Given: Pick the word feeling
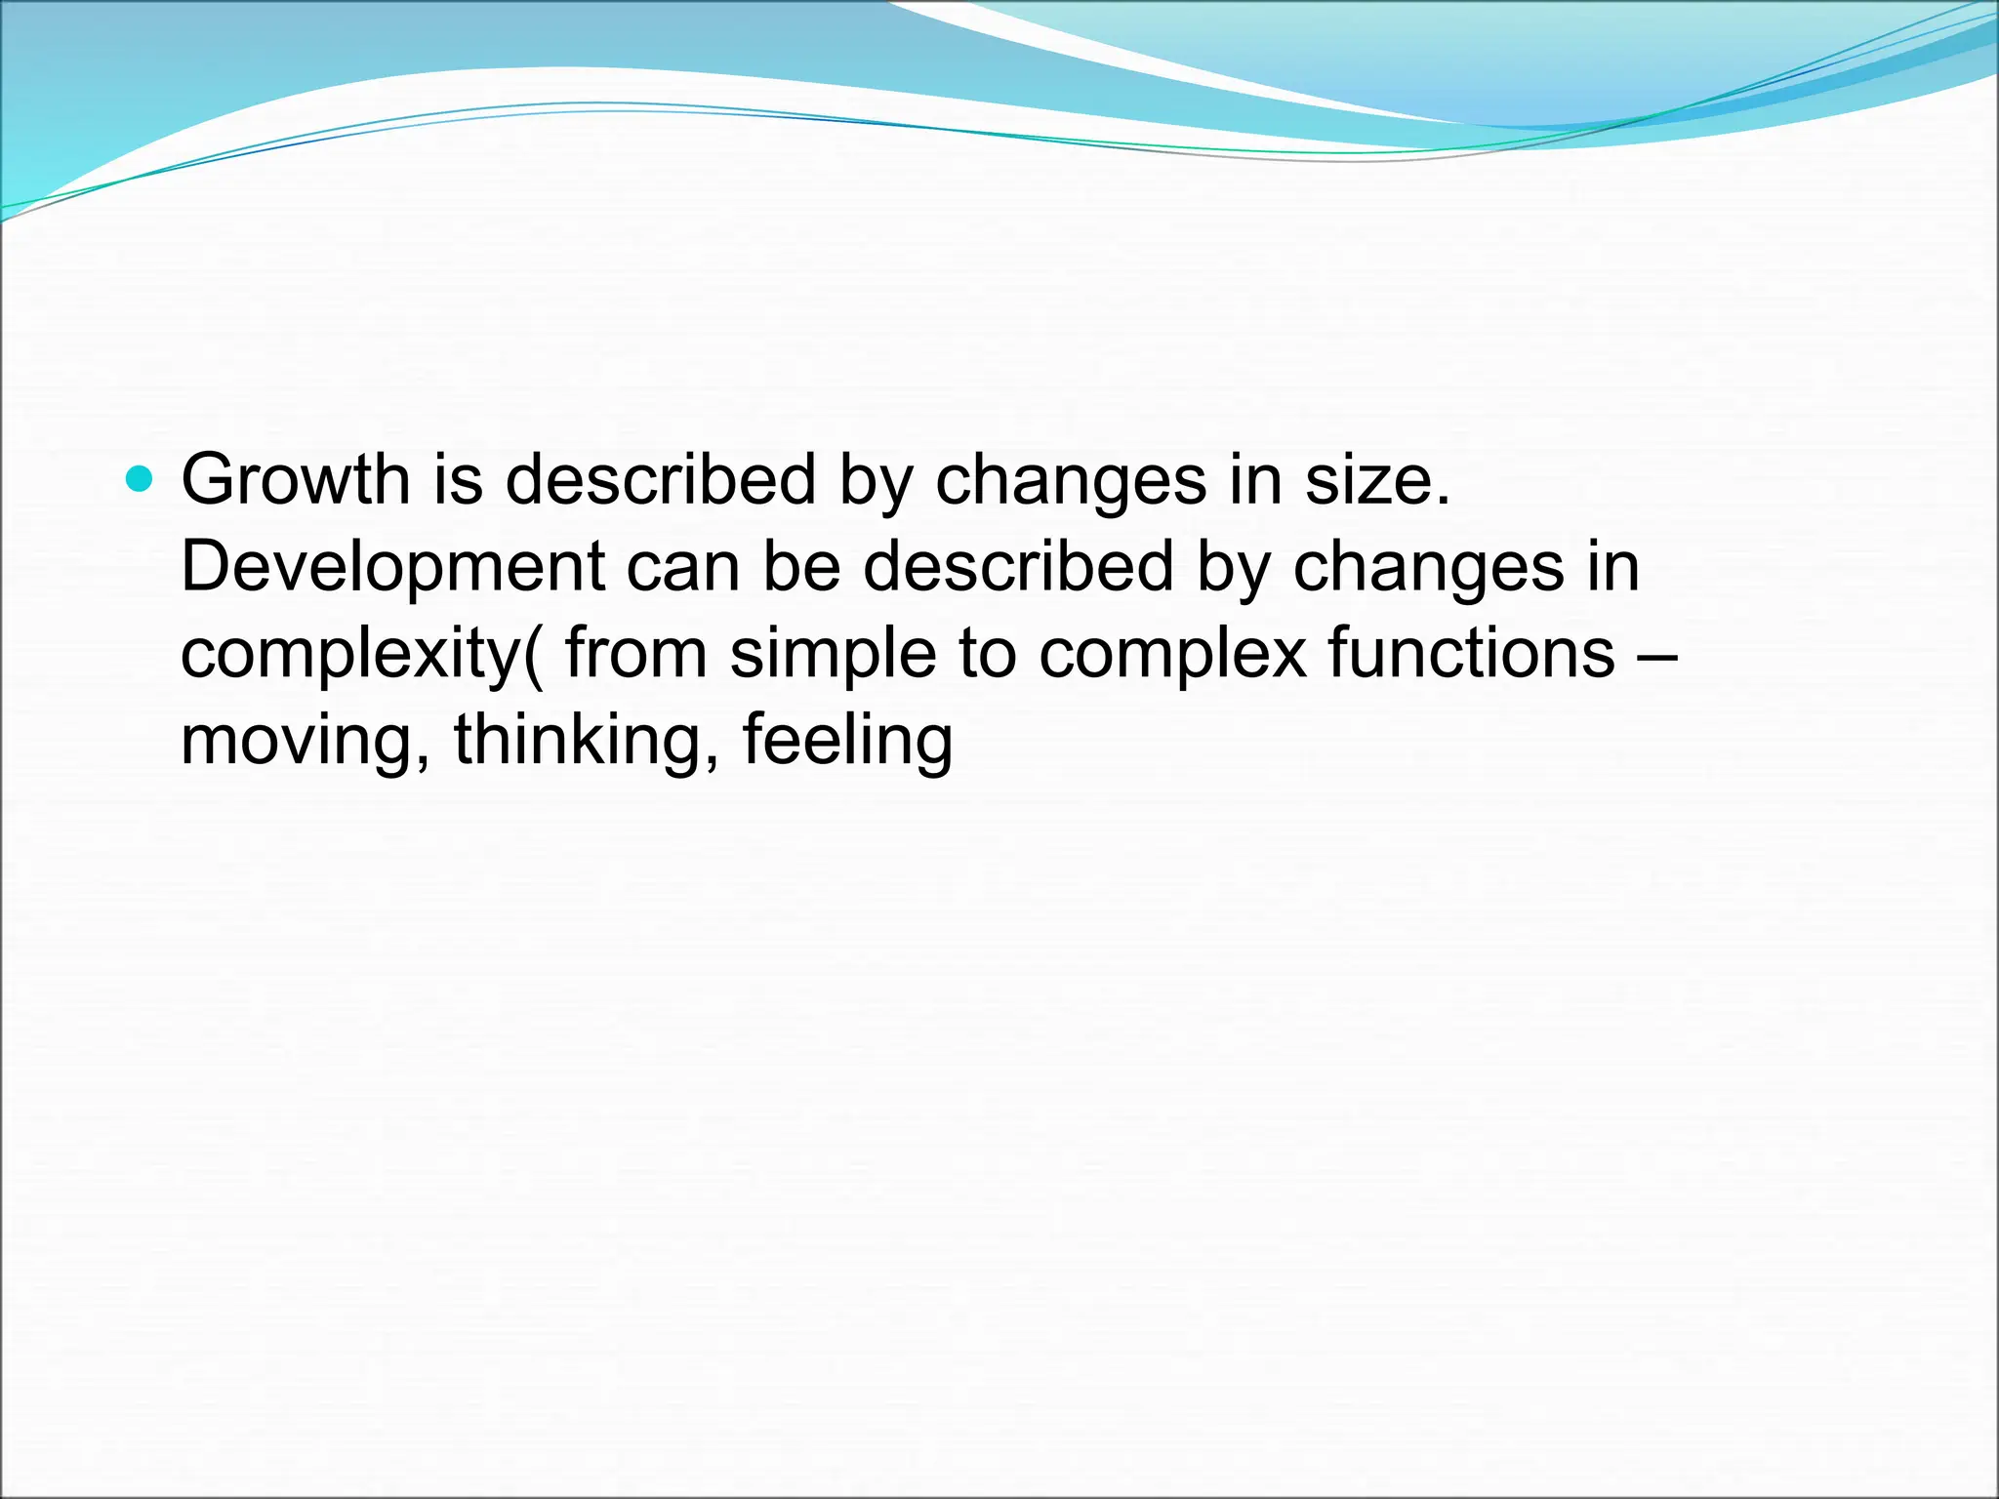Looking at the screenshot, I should (x=847, y=741).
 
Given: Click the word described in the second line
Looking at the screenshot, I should (x=1018, y=566).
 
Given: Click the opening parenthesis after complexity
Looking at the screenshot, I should (x=533, y=654).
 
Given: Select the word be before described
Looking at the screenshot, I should (x=801, y=566).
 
